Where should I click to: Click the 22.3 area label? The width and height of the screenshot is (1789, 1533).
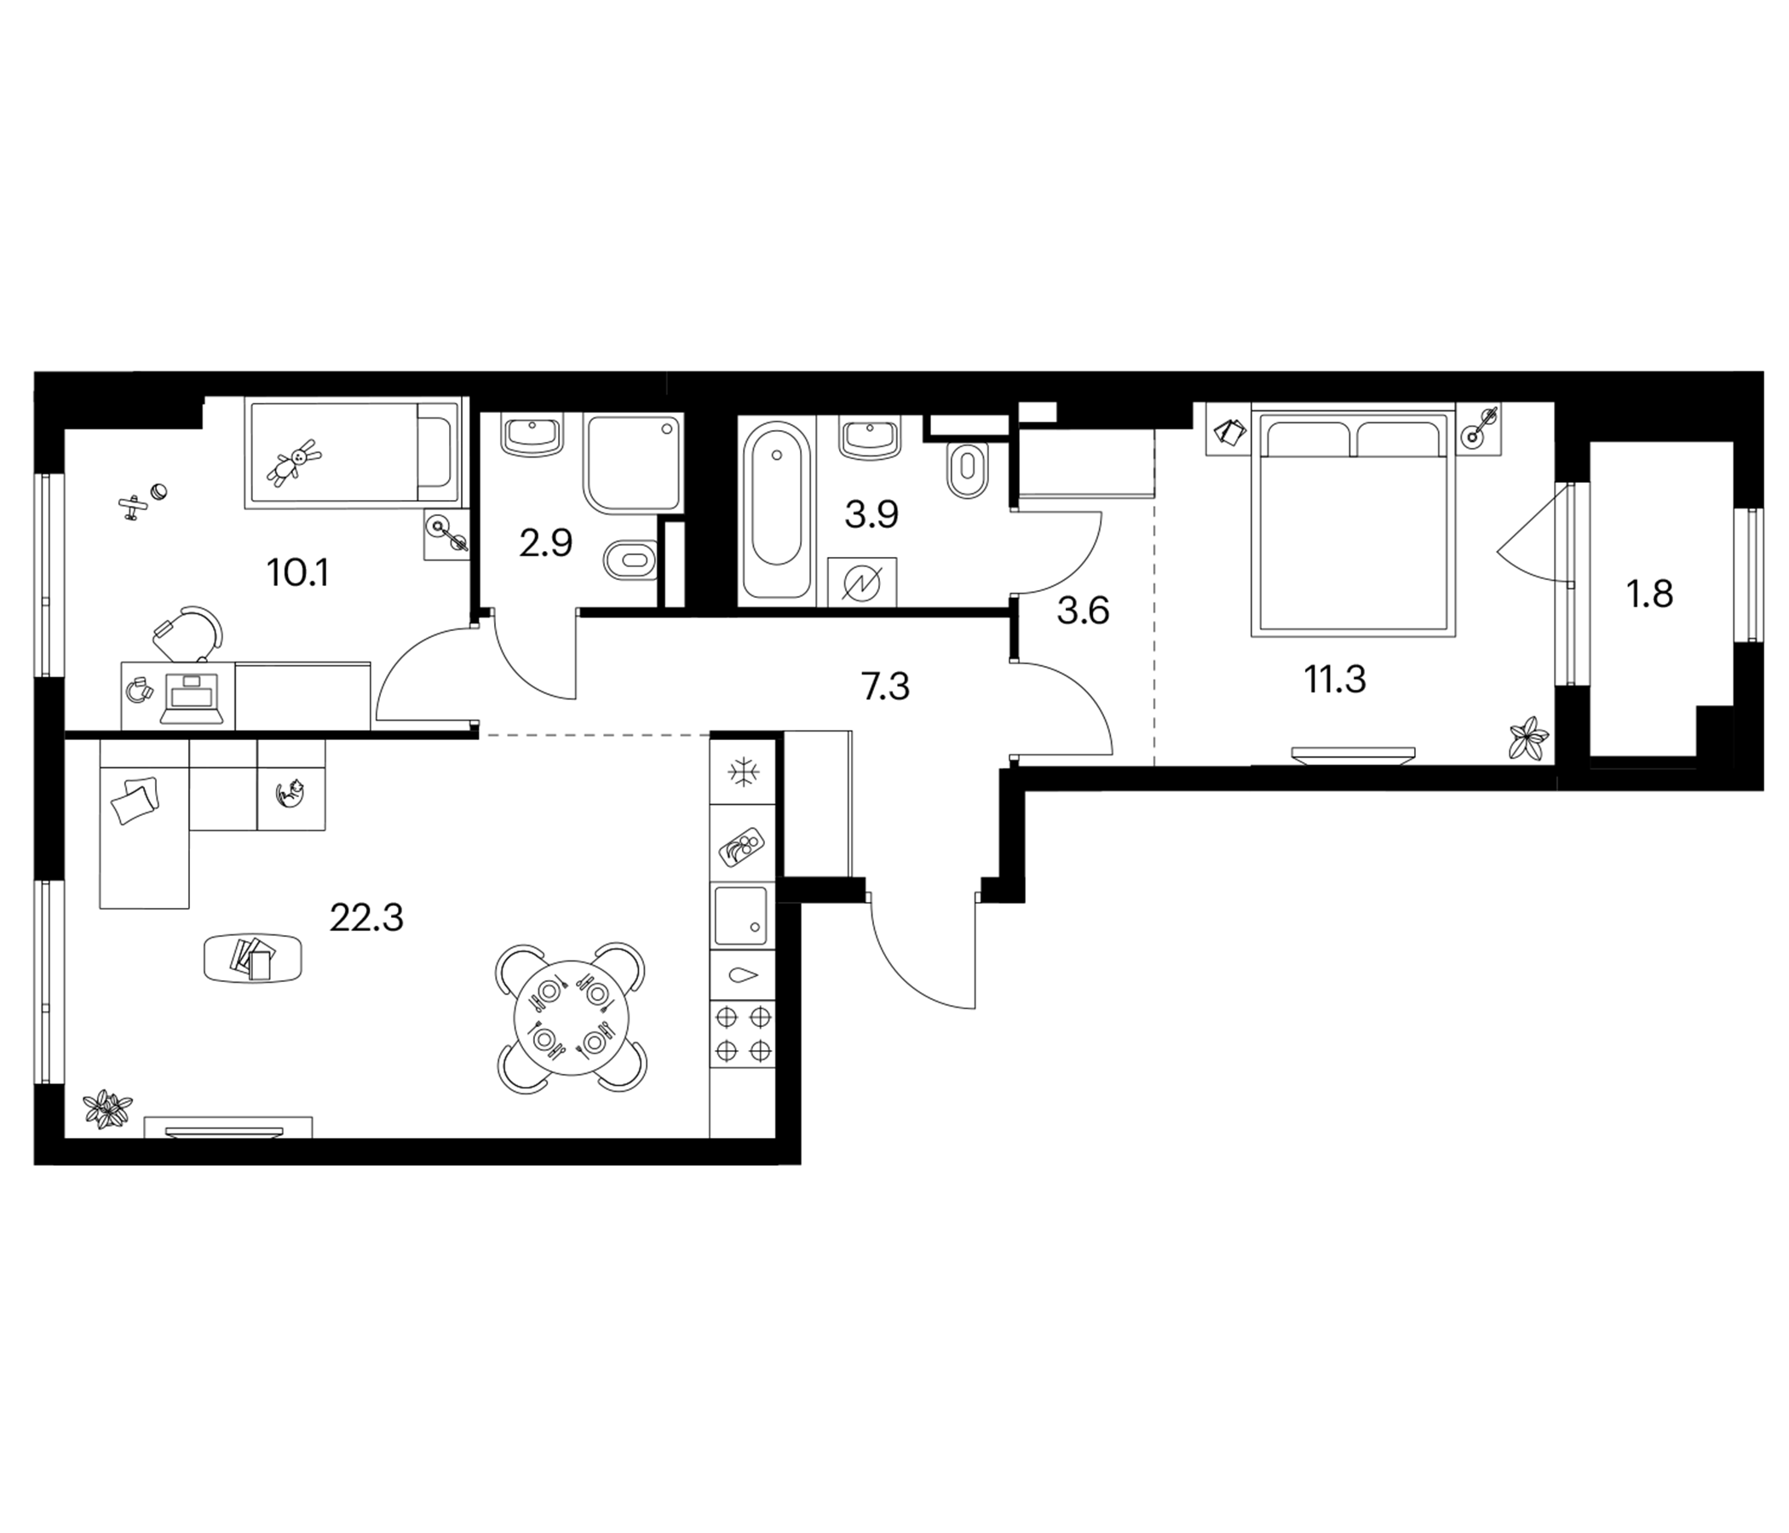(x=366, y=918)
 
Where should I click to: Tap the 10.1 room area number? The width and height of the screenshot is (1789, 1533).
(x=298, y=573)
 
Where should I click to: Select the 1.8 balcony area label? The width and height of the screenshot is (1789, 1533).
(x=1650, y=594)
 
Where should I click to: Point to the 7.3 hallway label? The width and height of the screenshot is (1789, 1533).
(x=886, y=687)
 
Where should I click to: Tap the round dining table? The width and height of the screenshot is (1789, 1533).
(x=571, y=1019)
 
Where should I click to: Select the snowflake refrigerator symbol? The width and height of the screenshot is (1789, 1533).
(x=742, y=772)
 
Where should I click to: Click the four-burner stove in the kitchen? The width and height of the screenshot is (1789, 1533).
(x=743, y=1033)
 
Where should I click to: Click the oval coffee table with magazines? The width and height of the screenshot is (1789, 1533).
(x=253, y=958)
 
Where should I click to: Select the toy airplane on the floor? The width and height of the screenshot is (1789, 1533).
(x=131, y=508)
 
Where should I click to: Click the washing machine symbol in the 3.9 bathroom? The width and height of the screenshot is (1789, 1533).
(x=861, y=583)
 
